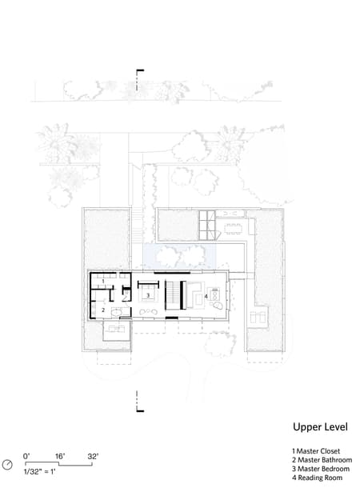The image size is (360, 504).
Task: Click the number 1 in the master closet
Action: [103, 281]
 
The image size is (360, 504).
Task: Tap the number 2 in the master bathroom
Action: [103, 309]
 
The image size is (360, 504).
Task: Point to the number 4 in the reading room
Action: [206, 297]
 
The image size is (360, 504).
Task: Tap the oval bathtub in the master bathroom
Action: [118, 312]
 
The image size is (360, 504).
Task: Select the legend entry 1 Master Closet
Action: [316, 451]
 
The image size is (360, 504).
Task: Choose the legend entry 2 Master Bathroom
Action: [321, 460]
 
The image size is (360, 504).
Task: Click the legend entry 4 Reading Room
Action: [318, 478]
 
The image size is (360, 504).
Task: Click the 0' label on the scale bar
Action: [26, 456]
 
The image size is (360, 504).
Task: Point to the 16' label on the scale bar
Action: [59, 456]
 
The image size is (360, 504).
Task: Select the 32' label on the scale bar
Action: [93, 456]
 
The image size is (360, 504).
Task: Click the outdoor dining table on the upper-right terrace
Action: [233, 226]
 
